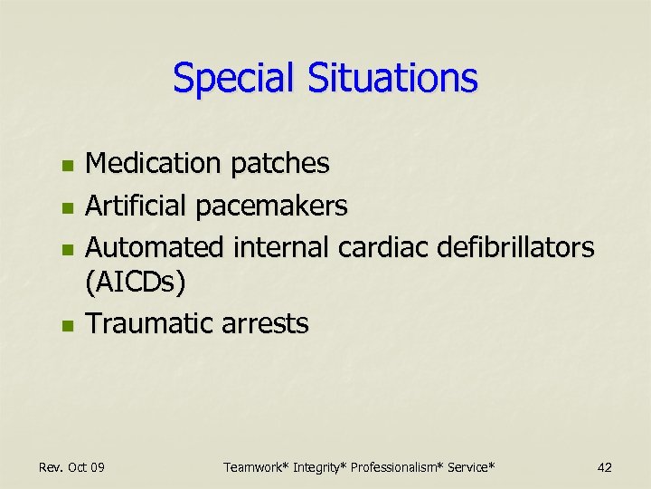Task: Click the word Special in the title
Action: pyautogui.click(x=234, y=79)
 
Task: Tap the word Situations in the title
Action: pyautogui.click(x=392, y=79)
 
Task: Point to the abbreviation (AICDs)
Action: pyautogui.click(x=136, y=283)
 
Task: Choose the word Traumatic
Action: pyautogui.click(x=146, y=323)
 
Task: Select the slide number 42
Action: pyautogui.click(x=605, y=467)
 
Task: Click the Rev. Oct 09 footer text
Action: pyautogui.click(x=71, y=467)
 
